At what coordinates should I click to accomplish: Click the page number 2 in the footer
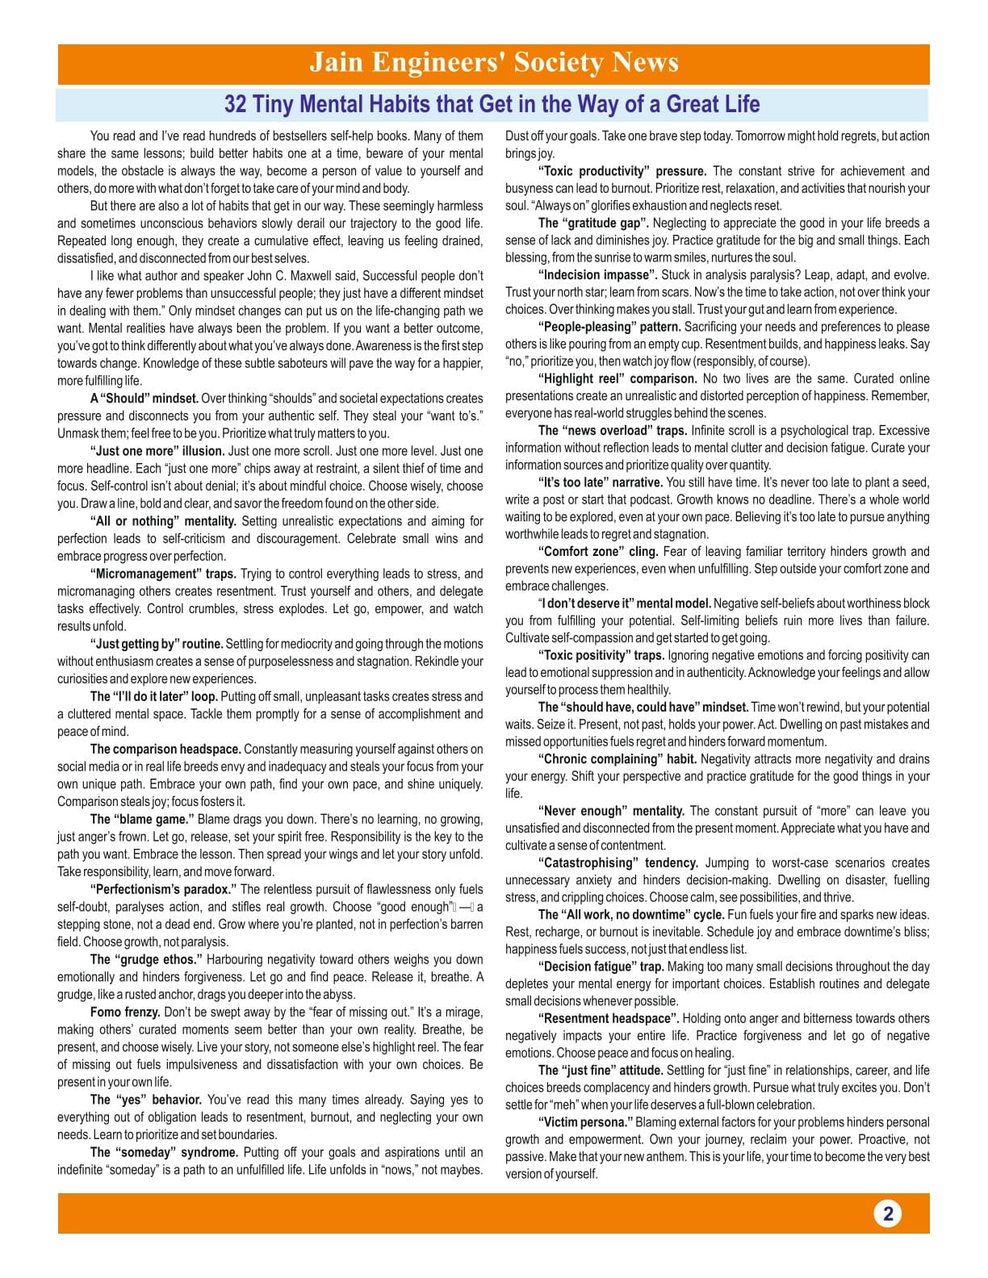[888, 1213]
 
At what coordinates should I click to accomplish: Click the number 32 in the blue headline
[235, 104]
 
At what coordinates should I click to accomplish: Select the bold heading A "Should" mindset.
[144, 399]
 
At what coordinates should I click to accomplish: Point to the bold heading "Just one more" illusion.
[157, 451]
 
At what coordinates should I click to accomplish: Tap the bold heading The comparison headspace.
[165, 749]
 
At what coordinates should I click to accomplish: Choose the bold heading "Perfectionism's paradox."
[163, 889]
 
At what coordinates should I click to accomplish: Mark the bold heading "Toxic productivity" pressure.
[622, 171]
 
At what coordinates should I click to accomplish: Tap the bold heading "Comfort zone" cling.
[598, 552]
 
